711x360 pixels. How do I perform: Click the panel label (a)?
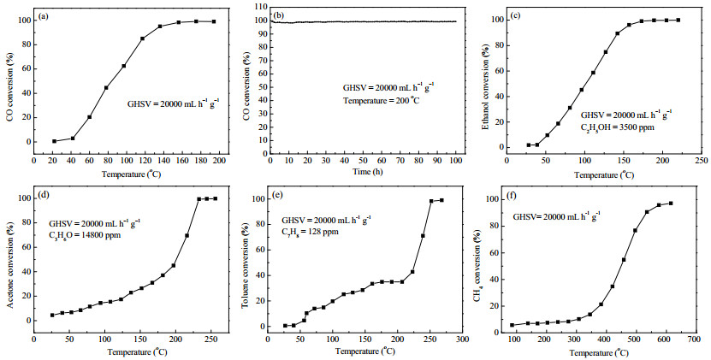(44, 16)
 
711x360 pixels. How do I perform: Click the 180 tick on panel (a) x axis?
(201, 162)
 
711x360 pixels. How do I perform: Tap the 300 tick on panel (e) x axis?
(463, 339)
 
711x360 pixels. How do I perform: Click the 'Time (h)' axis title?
(364, 171)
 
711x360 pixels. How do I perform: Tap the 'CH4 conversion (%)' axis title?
(477, 264)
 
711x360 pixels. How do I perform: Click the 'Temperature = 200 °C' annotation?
(381, 100)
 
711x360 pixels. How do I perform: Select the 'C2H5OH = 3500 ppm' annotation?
(618, 127)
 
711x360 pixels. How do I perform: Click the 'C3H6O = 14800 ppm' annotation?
(85, 235)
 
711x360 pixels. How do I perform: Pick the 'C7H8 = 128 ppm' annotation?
(311, 232)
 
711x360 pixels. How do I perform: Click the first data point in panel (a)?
(54, 141)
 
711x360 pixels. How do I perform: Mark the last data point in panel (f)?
(671, 204)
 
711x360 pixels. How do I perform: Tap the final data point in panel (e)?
(441, 200)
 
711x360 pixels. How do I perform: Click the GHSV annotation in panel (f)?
(557, 216)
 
